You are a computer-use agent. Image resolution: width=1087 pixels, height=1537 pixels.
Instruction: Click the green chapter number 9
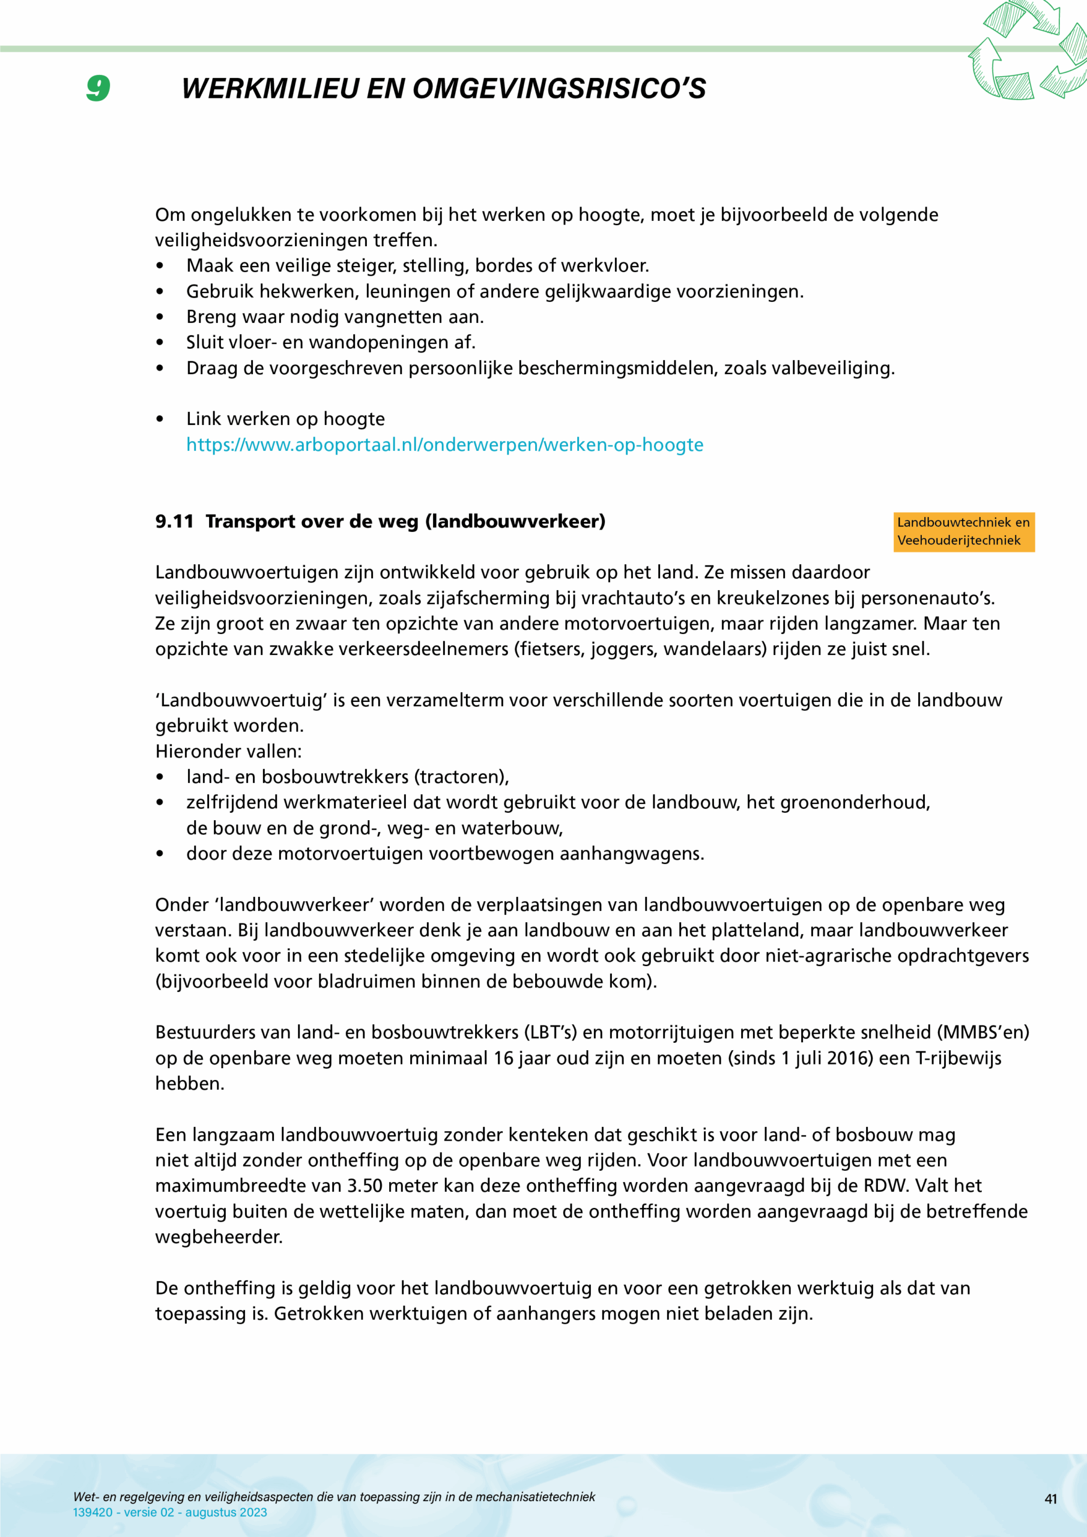coord(98,88)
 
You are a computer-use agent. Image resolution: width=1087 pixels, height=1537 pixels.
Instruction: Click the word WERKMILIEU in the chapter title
coord(270,88)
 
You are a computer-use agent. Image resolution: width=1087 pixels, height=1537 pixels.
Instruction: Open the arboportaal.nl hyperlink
coord(445,444)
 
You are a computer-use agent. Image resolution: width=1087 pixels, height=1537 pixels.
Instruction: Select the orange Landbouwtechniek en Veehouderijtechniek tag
coord(963,531)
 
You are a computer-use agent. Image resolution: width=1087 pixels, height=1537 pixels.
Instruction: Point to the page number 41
coord(1051,1499)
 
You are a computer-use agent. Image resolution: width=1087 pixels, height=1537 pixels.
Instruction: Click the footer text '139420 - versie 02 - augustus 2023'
coord(170,1512)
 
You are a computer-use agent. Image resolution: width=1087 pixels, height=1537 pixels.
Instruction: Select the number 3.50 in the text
coord(365,1186)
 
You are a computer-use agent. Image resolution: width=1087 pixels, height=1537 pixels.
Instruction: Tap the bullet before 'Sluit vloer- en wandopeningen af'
coord(159,343)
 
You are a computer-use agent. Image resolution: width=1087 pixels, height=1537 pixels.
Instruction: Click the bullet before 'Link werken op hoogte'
coord(159,419)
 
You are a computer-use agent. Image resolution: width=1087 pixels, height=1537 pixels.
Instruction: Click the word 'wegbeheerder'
coord(219,1236)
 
